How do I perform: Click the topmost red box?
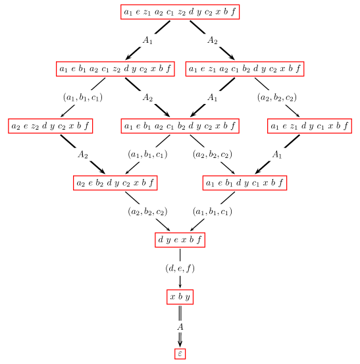click(180, 12)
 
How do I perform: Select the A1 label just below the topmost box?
click(147, 40)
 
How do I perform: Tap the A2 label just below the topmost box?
click(212, 40)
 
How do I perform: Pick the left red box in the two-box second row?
click(115, 69)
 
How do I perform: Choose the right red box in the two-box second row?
click(245, 69)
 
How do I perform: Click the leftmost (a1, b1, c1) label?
click(83, 97)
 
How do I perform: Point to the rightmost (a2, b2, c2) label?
click(277, 97)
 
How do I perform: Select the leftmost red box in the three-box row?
click(51, 126)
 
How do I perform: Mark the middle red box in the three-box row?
click(180, 126)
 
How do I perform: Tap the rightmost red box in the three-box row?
click(309, 126)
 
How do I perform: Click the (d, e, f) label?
click(180, 269)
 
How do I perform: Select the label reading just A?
click(180, 326)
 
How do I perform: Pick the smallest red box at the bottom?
click(180, 353)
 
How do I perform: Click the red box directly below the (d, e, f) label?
click(180, 297)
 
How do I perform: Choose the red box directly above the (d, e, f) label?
click(180, 240)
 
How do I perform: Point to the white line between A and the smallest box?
click(180, 338)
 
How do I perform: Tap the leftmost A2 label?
click(82, 155)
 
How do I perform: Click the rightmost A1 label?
click(277, 155)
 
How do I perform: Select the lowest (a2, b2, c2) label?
click(147, 211)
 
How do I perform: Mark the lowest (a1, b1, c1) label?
click(212, 211)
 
